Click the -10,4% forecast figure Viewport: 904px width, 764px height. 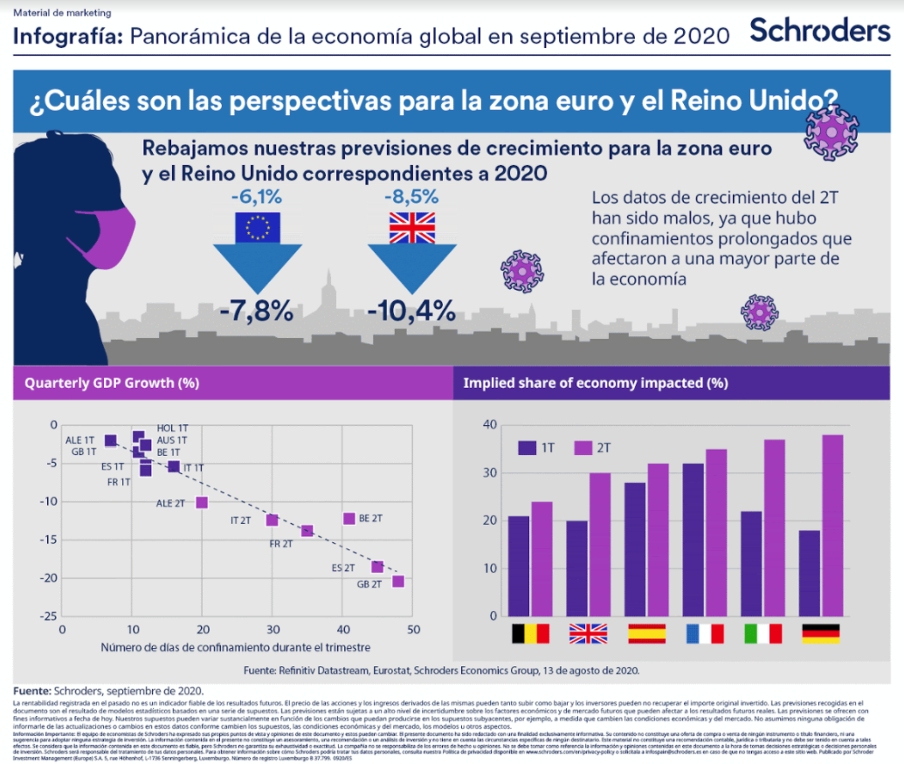(411, 309)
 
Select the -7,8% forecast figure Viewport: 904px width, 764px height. (257, 309)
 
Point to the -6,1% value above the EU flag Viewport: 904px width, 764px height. (257, 196)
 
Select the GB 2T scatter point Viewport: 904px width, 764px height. (398, 582)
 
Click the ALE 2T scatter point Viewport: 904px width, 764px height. (202, 503)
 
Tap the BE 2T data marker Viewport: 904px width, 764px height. (349, 519)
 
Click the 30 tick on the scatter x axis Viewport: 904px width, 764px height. (273, 630)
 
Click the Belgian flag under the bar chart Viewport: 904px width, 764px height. (530, 633)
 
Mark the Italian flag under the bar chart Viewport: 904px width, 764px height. (763, 633)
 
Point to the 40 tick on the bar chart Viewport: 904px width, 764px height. (489, 425)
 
